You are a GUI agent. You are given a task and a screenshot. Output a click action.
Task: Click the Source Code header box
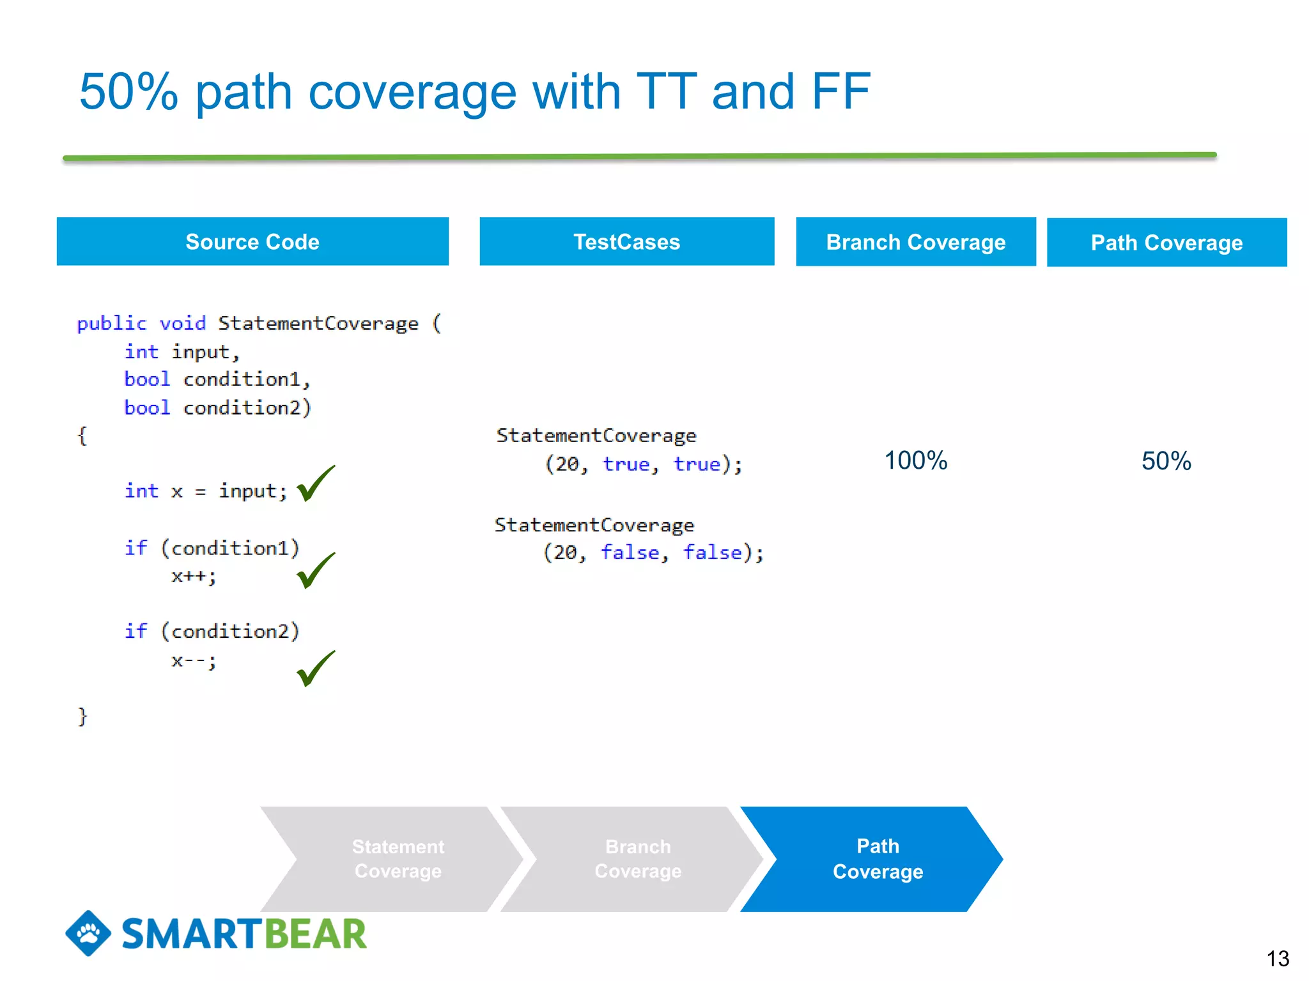pos(252,241)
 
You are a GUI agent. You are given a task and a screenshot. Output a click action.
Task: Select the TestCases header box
pos(626,241)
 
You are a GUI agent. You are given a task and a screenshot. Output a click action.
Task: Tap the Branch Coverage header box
pos(915,242)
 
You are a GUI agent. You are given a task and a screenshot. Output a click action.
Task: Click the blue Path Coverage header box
pos(1166,243)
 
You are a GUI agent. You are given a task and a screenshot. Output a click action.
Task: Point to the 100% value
pos(915,460)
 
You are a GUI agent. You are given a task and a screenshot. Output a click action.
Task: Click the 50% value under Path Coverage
pos(1166,461)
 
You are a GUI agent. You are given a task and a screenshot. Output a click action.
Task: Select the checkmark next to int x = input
pos(316,483)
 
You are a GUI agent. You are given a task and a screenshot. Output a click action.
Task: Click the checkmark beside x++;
pos(316,570)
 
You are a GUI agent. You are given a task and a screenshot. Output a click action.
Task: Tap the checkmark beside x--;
pos(316,669)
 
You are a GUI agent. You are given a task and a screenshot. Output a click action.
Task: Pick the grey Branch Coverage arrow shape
pos(638,859)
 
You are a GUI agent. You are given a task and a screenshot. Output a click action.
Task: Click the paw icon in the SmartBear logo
pos(88,933)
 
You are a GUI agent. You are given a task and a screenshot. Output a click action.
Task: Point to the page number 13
pos(1277,959)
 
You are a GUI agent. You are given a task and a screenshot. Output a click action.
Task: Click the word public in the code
pos(111,323)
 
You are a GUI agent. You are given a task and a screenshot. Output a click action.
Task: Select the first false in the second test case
pos(630,552)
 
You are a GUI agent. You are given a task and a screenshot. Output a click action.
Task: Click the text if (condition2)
pos(212,631)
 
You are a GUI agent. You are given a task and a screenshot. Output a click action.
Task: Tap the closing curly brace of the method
pos(82,716)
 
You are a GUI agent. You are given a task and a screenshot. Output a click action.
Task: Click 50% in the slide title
pos(128,92)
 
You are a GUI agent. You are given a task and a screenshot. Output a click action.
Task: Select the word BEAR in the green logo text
pos(315,934)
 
